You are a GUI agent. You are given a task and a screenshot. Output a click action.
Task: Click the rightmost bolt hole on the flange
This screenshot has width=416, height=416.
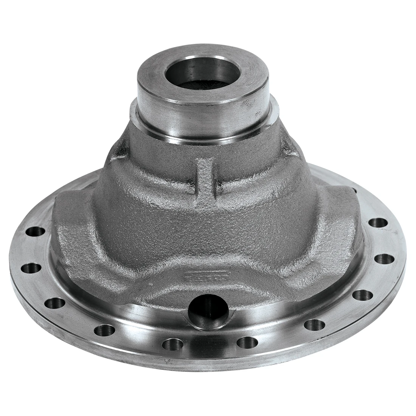384,259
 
